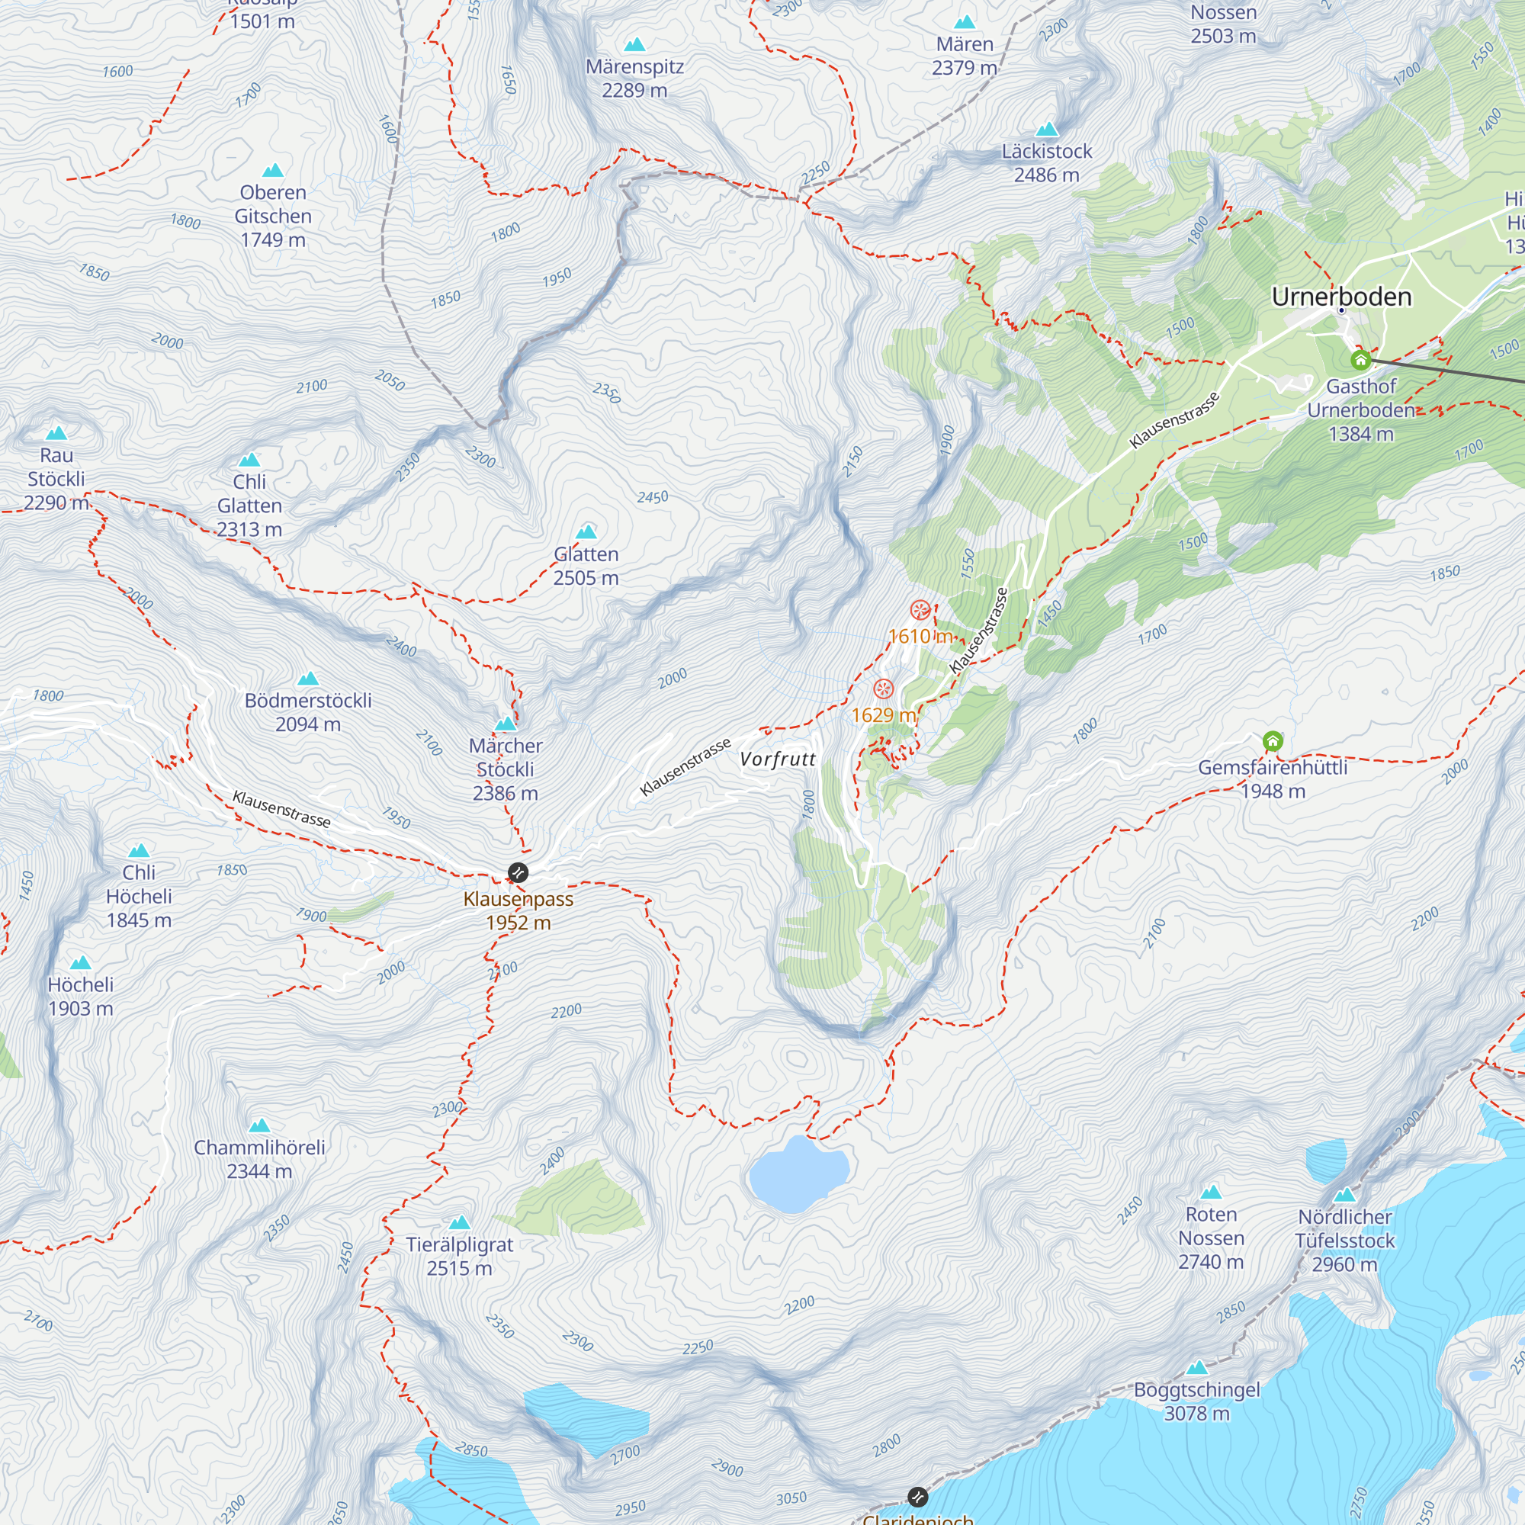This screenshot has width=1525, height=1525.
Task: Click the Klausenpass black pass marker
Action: coord(518,872)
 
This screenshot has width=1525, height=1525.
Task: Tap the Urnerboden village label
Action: coord(1341,297)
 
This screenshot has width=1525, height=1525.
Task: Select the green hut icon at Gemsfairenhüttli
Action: coord(1273,740)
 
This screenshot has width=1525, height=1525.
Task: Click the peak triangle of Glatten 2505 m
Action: coord(586,531)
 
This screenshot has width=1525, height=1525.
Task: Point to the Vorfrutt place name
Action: coord(778,759)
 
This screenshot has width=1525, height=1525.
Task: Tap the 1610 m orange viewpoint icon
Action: coord(920,609)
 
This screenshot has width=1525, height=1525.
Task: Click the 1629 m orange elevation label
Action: coord(883,715)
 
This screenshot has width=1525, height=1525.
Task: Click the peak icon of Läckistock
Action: coord(1047,130)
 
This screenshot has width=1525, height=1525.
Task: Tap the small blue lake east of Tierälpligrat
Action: coord(798,1174)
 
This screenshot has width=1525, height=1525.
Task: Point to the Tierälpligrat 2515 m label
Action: coord(459,1256)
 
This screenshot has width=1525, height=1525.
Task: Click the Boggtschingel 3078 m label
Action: coord(1196,1401)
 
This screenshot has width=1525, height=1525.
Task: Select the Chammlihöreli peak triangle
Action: coord(260,1125)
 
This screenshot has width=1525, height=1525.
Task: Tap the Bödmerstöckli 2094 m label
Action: coord(308,712)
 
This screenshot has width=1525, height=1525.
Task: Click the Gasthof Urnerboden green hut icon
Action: coord(1360,361)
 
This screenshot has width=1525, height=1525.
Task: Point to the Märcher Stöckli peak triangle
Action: coord(506,724)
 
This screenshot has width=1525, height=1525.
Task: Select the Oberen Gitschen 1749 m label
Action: coord(273,216)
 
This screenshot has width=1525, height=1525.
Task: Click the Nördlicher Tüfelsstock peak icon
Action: coord(1345,1195)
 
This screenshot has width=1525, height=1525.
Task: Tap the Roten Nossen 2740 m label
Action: coord(1211,1238)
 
